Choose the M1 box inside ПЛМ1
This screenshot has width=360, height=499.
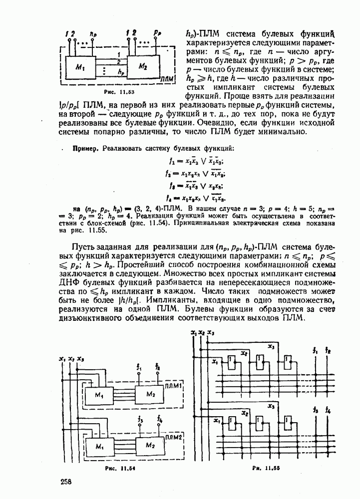pos(99,396)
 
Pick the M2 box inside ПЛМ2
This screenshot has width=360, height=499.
pos(150,444)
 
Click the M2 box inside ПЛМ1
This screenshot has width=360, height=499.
pos(150,394)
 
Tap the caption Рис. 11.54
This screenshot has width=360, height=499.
pos(120,469)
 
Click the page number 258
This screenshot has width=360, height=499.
pos(66,482)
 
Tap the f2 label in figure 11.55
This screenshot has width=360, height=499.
pos(328,351)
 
